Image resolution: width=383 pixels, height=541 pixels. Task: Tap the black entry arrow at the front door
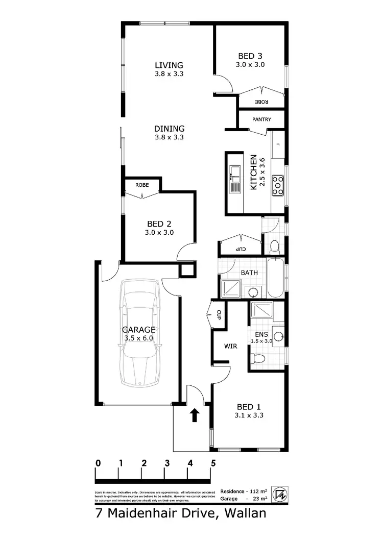[x=194, y=415]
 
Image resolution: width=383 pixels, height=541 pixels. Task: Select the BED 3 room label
[x=250, y=56]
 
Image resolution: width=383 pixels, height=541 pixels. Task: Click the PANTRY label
[x=261, y=119]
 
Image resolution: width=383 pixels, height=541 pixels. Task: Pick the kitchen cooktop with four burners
[x=278, y=186]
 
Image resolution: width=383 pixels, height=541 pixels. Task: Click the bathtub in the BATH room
[x=274, y=280]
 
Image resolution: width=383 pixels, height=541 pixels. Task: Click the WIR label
[x=231, y=346]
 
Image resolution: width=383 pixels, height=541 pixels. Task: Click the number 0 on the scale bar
[x=98, y=463]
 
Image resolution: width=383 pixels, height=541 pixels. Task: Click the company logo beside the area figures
[x=279, y=494]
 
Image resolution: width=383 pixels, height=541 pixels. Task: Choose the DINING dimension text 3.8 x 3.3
[x=169, y=137]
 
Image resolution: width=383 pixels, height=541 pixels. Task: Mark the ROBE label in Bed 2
[x=142, y=184]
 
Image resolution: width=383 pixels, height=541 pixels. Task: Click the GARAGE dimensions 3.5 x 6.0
[x=138, y=338]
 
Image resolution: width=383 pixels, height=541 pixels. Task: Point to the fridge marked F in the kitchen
[x=278, y=144]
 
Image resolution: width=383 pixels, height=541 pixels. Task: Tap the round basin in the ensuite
[x=278, y=335]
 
